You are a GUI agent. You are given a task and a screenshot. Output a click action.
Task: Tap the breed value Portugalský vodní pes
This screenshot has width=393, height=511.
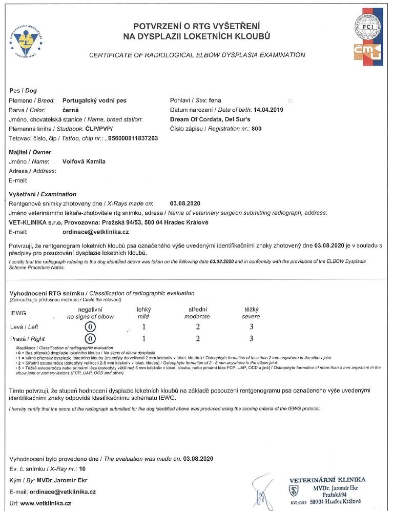94,101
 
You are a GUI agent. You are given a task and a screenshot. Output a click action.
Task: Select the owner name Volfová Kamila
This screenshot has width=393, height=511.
84,161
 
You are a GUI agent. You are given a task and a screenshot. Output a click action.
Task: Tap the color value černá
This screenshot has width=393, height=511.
71,110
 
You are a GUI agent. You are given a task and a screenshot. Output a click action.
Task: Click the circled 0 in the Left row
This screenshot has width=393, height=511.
91,326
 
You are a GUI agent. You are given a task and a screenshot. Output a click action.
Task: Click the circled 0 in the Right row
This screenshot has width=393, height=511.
91,339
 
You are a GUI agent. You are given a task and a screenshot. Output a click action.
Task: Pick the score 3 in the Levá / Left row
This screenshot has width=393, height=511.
251,326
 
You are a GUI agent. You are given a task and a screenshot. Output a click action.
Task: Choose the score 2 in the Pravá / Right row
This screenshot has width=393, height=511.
197,339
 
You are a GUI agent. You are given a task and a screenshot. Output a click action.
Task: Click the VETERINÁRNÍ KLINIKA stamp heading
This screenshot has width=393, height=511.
327,479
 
